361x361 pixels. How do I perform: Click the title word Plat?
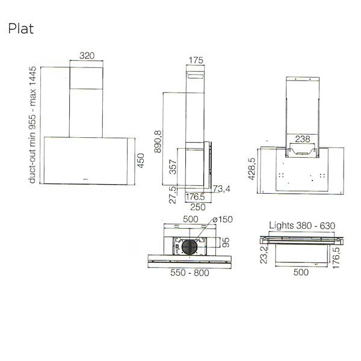[x=20, y=28]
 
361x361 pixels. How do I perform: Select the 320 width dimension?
[x=87, y=55]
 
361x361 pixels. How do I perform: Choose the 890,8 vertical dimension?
[x=158, y=142]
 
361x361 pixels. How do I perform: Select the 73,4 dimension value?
[x=221, y=190]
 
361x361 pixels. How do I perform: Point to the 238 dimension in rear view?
[x=303, y=139]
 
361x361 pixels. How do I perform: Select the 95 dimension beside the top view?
[x=226, y=242]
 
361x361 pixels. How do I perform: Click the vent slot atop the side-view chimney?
[x=196, y=76]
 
